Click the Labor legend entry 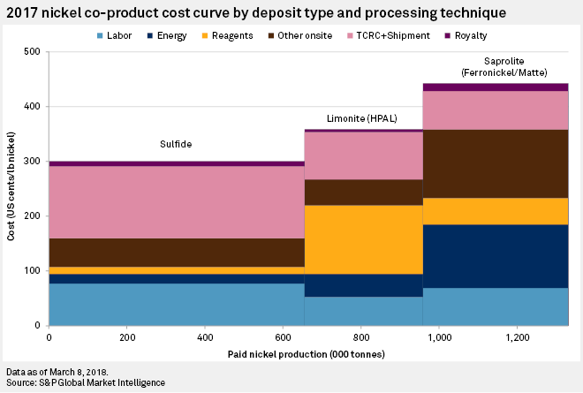[118, 35]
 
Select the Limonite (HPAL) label [363, 118]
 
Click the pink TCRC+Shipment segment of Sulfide [176, 202]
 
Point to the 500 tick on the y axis [34, 52]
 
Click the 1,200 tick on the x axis [517, 337]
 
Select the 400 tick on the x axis [205, 337]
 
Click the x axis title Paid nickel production [307, 353]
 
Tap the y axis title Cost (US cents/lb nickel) [10, 188]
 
